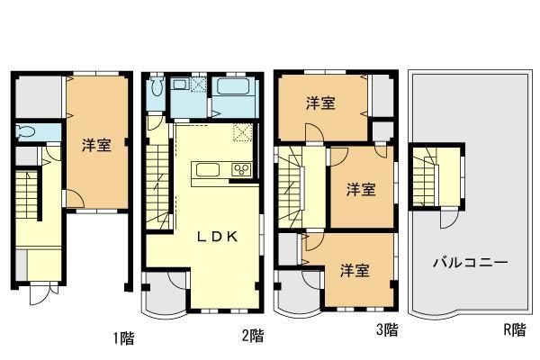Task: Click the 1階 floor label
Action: tap(123, 338)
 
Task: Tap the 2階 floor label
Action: tap(253, 337)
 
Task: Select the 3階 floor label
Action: tap(386, 330)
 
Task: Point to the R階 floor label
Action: tap(514, 330)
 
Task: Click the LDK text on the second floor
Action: tap(217, 238)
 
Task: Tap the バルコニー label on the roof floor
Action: tap(470, 264)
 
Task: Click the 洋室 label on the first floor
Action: tap(96, 145)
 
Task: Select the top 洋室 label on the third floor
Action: tap(320, 103)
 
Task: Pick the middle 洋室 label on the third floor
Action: tap(362, 189)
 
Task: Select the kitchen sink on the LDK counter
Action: tap(206, 169)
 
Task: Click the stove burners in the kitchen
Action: tap(241, 169)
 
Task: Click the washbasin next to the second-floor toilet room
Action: tap(180, 85)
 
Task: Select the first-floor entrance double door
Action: tap(41, 294)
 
